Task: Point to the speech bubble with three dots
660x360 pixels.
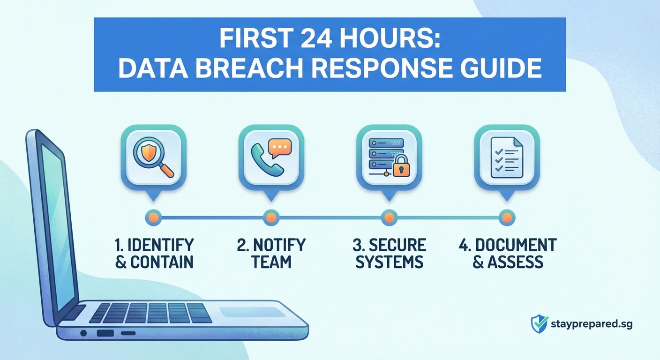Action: (x=280, y=148)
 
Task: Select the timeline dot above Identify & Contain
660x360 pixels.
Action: (x=154, y=217)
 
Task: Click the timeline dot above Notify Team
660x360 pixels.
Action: (x=271, y=217)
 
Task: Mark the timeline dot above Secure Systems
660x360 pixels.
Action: (x=389, y=217)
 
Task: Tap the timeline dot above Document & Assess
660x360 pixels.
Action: (x=507, y=217)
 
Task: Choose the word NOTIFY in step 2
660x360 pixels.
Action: (x=278, y=245)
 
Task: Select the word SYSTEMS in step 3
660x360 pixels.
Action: (x=389, y=262)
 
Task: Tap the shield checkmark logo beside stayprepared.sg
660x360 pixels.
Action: (x=539, y=324)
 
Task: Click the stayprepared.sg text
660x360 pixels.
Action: (x=592, y=324)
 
